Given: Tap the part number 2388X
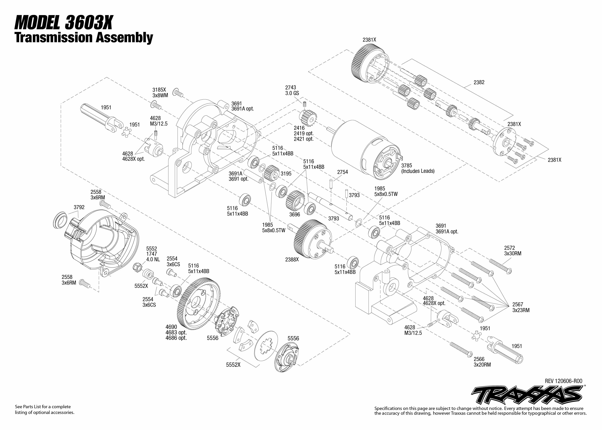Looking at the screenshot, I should [292, 260].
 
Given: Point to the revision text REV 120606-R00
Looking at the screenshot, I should [564, 381].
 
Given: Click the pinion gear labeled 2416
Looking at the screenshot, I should [308, 118].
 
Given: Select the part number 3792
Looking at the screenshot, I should [79, 207].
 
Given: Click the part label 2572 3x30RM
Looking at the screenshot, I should [513, 251].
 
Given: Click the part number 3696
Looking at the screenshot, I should [294, 214].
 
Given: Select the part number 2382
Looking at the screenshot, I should [479, 82].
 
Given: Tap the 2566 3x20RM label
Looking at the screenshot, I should [482, 362].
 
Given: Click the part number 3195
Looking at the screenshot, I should [286, 174].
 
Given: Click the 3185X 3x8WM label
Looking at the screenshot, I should [160, 93].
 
